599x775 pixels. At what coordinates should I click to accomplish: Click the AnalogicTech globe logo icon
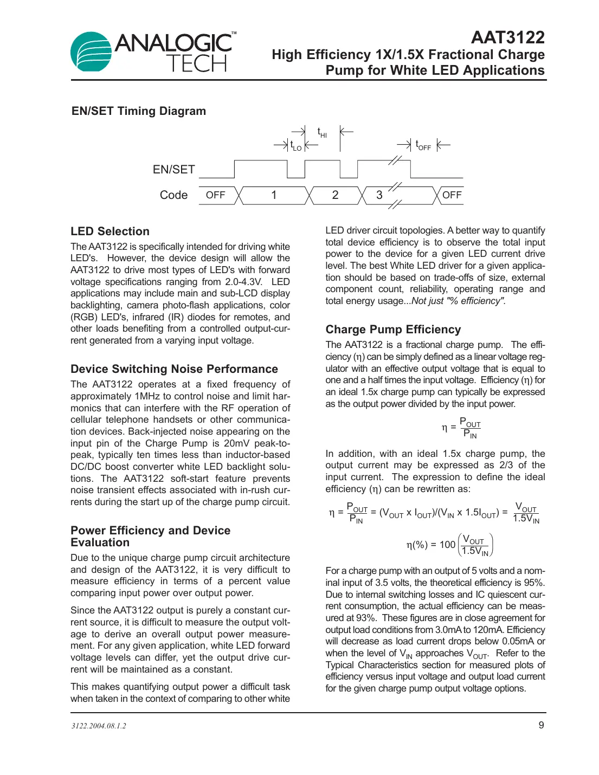point(91,52)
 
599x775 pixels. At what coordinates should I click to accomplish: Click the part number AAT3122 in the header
point(507,37)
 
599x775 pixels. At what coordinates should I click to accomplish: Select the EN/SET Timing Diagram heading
point(139,111)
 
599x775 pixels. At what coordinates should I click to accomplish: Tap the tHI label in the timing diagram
point(322,132)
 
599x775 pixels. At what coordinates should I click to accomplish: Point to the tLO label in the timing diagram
point(296,146)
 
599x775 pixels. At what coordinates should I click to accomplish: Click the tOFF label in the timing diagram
point(423,145)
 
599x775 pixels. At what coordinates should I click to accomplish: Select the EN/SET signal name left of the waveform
point(173,170)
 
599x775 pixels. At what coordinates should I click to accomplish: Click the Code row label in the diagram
point(173,195)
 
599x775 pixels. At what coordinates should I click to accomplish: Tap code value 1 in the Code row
point(274,195)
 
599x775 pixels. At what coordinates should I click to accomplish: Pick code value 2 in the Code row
point(335,195)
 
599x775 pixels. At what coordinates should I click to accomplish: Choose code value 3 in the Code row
point(379,195)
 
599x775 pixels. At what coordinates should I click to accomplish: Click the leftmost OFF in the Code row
point(215,195)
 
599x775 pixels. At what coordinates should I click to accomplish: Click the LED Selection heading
point(110,231)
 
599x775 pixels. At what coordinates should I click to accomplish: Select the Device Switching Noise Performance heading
point(174,369)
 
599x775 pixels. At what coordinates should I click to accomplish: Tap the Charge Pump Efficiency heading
point(393,330)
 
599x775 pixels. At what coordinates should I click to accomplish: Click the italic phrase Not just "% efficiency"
point(459,301)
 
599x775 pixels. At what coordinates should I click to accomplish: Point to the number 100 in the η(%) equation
point(447,545)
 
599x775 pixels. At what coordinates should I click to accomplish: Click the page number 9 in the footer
point(541,725)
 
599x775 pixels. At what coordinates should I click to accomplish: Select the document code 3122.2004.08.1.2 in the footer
point(99,726)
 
